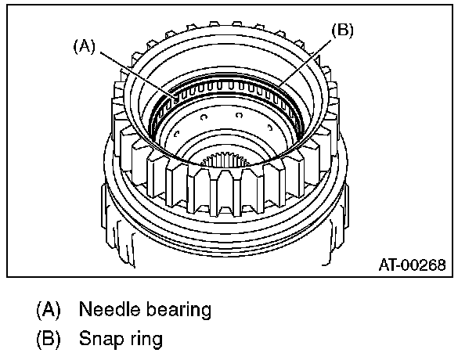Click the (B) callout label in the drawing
coord(343,31)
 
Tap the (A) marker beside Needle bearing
coord(48,309)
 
